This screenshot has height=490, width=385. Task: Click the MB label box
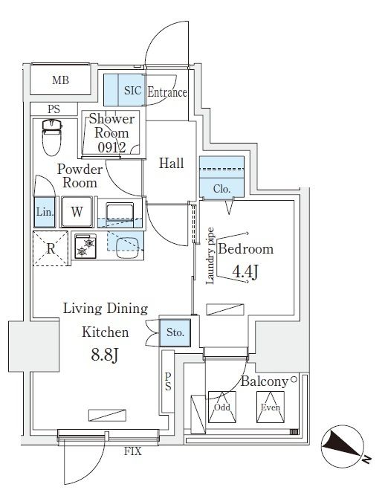(60, 80)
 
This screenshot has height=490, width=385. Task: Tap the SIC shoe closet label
(132, 91)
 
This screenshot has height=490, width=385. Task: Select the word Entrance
(167, 92)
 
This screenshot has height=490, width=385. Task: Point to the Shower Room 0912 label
(112, 132)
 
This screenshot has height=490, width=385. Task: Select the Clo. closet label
(221, 190)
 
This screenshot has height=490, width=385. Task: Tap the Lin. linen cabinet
(44, 212)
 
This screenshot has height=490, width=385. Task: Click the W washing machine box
(77, 212)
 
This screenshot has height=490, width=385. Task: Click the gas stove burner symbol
(88, 245)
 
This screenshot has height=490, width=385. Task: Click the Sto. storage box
(176, 332)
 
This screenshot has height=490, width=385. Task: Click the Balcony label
(264, 382)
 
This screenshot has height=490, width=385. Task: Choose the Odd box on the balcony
(221, 407)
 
